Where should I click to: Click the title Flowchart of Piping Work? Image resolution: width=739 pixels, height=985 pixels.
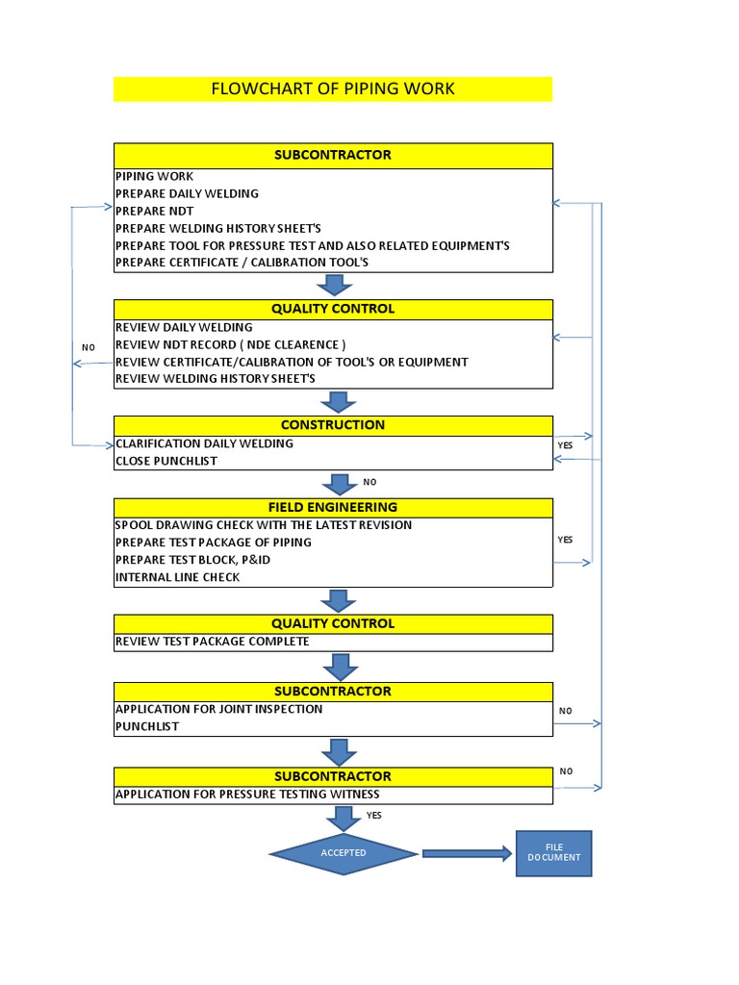333,89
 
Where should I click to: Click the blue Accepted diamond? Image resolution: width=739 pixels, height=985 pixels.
344,852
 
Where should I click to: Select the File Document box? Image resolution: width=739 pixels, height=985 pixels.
553,852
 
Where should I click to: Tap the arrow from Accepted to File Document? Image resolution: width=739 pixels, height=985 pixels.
467,853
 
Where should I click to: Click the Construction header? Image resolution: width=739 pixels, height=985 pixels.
333,425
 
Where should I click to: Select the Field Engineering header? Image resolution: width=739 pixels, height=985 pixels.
333,507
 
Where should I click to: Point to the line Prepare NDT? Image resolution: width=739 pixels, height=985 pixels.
155,211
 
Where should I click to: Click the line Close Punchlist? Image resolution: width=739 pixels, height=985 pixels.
166,461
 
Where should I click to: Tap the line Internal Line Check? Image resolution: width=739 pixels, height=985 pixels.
178,577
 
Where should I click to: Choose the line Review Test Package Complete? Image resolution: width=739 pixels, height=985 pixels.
213,641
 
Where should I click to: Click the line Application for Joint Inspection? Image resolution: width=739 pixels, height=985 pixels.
219,709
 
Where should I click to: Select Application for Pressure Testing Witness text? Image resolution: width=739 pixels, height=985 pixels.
247,795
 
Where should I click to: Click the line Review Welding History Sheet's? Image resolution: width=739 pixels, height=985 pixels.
216,379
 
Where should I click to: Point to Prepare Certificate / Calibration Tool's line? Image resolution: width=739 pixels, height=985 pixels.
242,263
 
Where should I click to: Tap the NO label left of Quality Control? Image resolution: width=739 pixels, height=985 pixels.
89,347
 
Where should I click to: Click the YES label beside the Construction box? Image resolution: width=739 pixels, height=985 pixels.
565,446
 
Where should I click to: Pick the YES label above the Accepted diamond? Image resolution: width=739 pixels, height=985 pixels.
374,815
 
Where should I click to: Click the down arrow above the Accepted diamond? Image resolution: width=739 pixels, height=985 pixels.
343,818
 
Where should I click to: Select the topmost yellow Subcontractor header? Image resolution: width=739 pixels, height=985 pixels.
333,155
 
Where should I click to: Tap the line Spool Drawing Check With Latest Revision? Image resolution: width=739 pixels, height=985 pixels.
264,525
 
